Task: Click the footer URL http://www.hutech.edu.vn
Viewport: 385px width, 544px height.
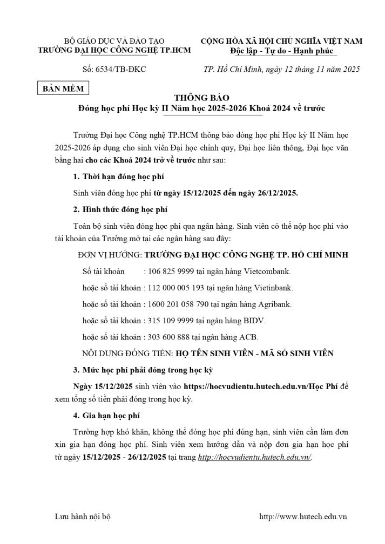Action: pyautogui.click(x=303, y=516)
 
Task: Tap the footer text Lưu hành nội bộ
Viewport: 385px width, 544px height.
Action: pyautogui.click(x=83, y=516)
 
